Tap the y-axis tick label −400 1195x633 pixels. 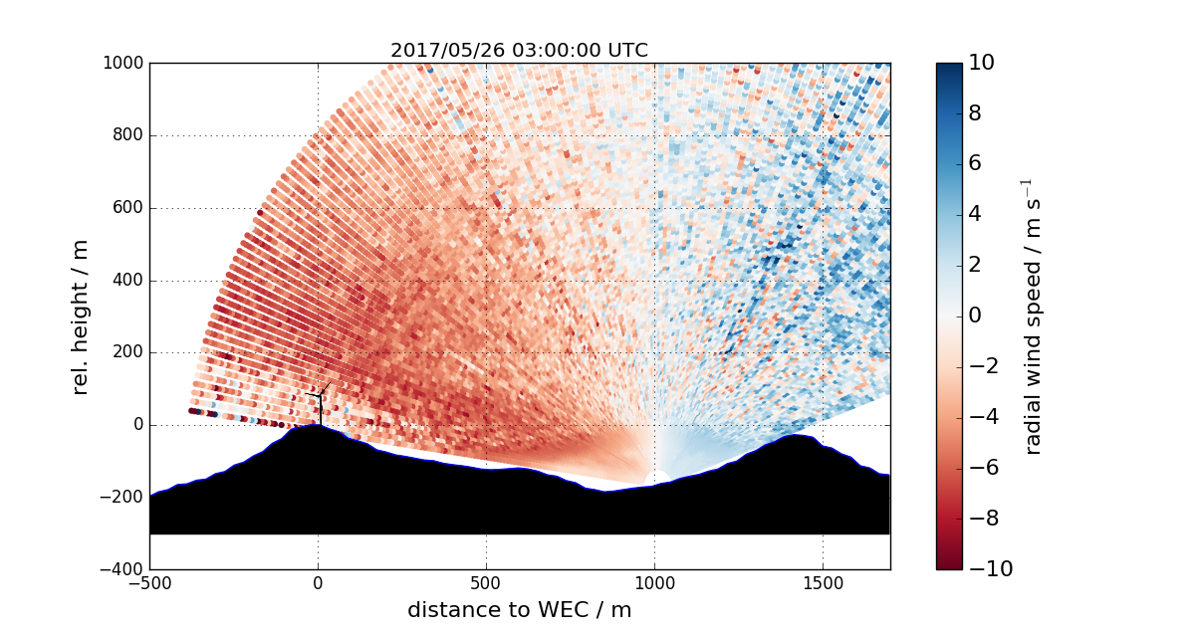122,570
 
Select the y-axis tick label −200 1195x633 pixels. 122,498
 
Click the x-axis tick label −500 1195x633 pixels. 149,583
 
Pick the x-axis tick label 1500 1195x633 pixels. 823,583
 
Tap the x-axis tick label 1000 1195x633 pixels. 654,583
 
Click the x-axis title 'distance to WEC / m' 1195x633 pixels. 519,609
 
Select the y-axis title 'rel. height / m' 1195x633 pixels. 81,316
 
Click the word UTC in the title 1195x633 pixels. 627,51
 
